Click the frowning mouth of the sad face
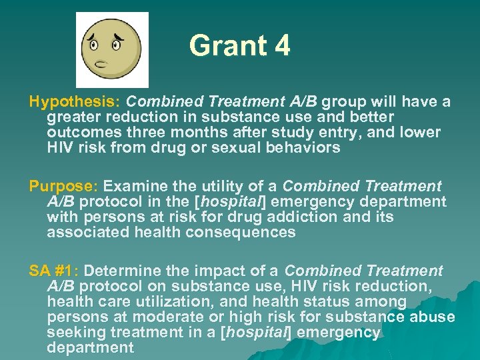(x=103, y=65)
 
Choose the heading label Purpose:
(x=63, y=187)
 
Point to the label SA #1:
(x=54, y=271)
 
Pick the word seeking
(x=73, y=332)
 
